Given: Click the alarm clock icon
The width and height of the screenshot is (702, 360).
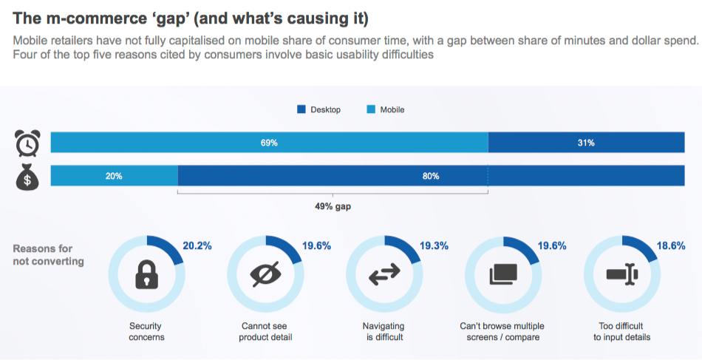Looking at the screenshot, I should (x=28, y=143).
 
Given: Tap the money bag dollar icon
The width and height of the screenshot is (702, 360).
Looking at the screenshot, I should (x=28, y=177).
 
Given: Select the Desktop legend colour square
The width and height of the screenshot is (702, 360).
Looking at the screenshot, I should (x=301, y=109).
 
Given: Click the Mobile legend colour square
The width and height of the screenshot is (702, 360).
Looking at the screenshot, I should (x=372, y=109).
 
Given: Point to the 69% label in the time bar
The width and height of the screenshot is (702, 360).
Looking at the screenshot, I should (x=269, y=143).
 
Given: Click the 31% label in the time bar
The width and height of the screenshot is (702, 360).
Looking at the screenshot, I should (x=586, y=143).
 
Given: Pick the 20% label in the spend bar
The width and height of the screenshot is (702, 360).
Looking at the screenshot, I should (x=114, y=176).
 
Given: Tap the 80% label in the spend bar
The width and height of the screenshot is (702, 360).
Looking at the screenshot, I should (x=431, y=176).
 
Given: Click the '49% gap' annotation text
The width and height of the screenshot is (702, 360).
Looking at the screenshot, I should (x=333, y=206).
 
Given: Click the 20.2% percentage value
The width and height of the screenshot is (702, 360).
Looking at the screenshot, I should (x=197, y=246).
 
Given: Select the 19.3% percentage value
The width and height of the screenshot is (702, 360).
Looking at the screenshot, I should (x=435, y=246).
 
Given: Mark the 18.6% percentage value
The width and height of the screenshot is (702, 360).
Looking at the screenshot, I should (x=672, y=246).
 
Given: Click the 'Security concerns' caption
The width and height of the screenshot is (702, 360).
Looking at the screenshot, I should (x=146, y=331).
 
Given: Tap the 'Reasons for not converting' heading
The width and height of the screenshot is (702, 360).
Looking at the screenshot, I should (x=48, y=254).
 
